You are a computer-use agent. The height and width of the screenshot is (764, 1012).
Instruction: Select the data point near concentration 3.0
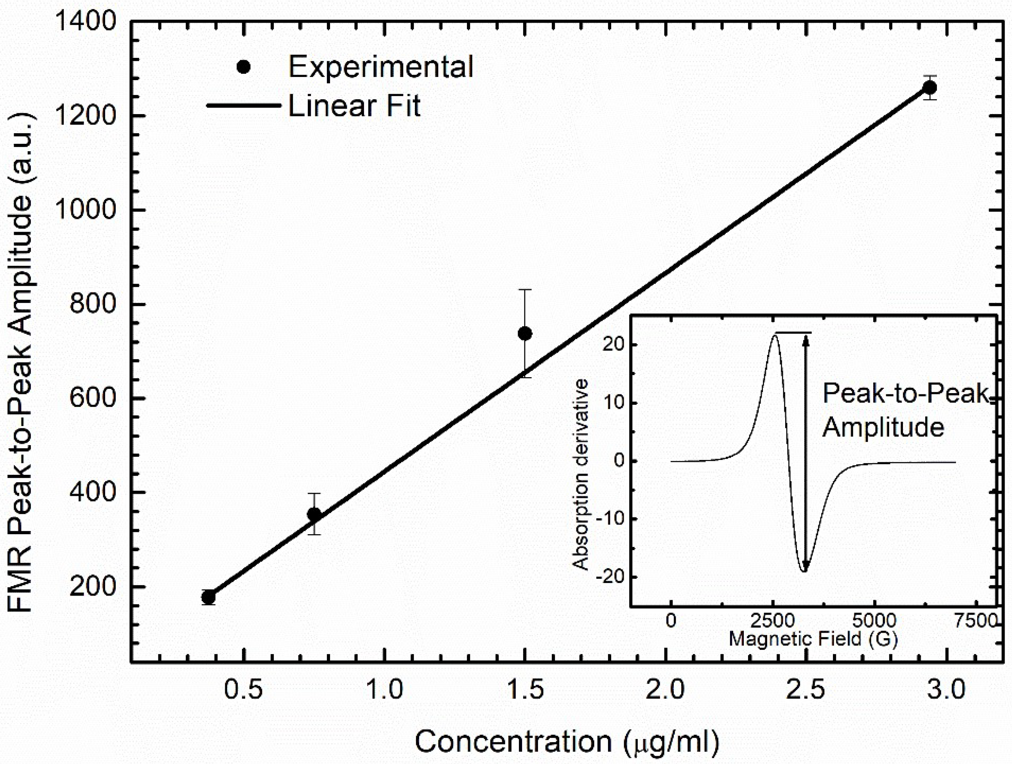click(929, 87)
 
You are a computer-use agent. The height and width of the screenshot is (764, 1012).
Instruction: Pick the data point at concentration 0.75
click(314, 514)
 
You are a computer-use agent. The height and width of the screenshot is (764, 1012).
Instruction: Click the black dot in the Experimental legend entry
click(244, 67)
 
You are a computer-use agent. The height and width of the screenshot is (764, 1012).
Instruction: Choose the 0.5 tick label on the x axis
click(244, 689)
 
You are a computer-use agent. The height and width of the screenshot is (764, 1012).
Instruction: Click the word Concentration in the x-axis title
click(512, 742)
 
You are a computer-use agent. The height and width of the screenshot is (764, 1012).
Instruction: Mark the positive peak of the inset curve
click(775, 335)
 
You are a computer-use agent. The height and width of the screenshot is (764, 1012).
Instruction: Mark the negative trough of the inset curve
click(804, 571)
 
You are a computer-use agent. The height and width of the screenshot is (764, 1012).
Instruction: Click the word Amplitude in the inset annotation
click(883, 428)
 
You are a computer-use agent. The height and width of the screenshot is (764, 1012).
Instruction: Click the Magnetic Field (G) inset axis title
click(813, 639)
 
